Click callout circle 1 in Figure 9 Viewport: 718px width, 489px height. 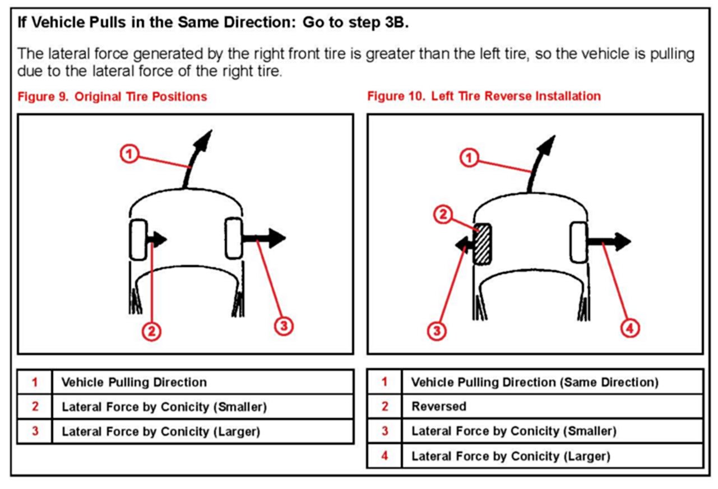click(130, 153)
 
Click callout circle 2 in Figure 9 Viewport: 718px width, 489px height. click(151, 332)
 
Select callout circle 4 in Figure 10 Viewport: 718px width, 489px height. click(630, 329)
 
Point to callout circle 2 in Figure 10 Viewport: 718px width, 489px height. click(444, 215)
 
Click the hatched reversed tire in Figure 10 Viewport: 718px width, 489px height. click(483, 244)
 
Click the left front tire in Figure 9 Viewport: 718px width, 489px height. click(138, 240)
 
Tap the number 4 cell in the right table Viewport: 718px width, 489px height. click(385, 456)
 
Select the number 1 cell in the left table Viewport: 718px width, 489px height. click(35, 383)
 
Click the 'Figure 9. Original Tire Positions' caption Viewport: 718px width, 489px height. click(112, 96)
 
